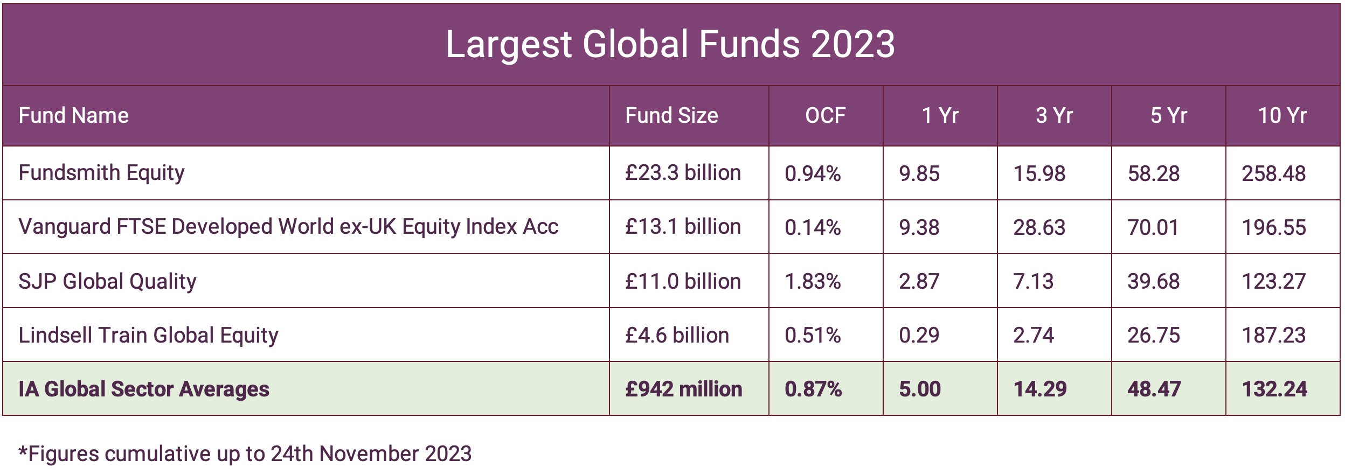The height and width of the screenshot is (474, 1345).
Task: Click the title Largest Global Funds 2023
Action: (x=670, y=44)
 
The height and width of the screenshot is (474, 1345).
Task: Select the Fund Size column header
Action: (x=671, y=115)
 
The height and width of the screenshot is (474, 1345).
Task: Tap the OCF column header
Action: (x=825, y=115)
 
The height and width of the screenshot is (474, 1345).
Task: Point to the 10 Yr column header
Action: (x=1282, y=115)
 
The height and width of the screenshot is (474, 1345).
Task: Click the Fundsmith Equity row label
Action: (x=101, y=173)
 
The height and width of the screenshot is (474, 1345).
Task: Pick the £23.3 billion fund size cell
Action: (x=683, y=173)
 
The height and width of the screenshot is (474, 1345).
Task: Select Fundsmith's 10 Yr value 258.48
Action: (x=1273, y=173)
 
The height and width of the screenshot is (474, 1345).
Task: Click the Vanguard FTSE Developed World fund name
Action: (x=288, y=227)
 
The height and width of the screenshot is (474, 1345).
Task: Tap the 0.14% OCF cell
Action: (x=812, y=227)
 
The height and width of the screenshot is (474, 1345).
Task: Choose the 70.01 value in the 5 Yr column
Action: (x=1153, y=227)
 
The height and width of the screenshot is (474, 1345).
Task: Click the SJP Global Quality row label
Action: (x=107, y=281)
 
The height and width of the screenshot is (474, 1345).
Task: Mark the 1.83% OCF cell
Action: (x=812, y=281)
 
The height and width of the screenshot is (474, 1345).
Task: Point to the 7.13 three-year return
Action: (x=1033, y=281)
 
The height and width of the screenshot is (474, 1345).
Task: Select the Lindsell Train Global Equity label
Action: (x=148, y=335)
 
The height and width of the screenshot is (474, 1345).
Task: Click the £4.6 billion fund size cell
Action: (x=677, y=335)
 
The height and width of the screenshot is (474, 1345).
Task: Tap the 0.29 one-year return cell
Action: (x=919, y=335)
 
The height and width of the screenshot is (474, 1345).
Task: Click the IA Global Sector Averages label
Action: (x=144, y=389)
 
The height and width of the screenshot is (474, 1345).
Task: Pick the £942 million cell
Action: (x=683, y=389)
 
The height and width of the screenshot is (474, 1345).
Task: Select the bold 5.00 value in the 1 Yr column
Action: (x=919, y=389)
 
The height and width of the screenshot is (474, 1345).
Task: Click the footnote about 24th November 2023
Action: (x=245, y=454)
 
